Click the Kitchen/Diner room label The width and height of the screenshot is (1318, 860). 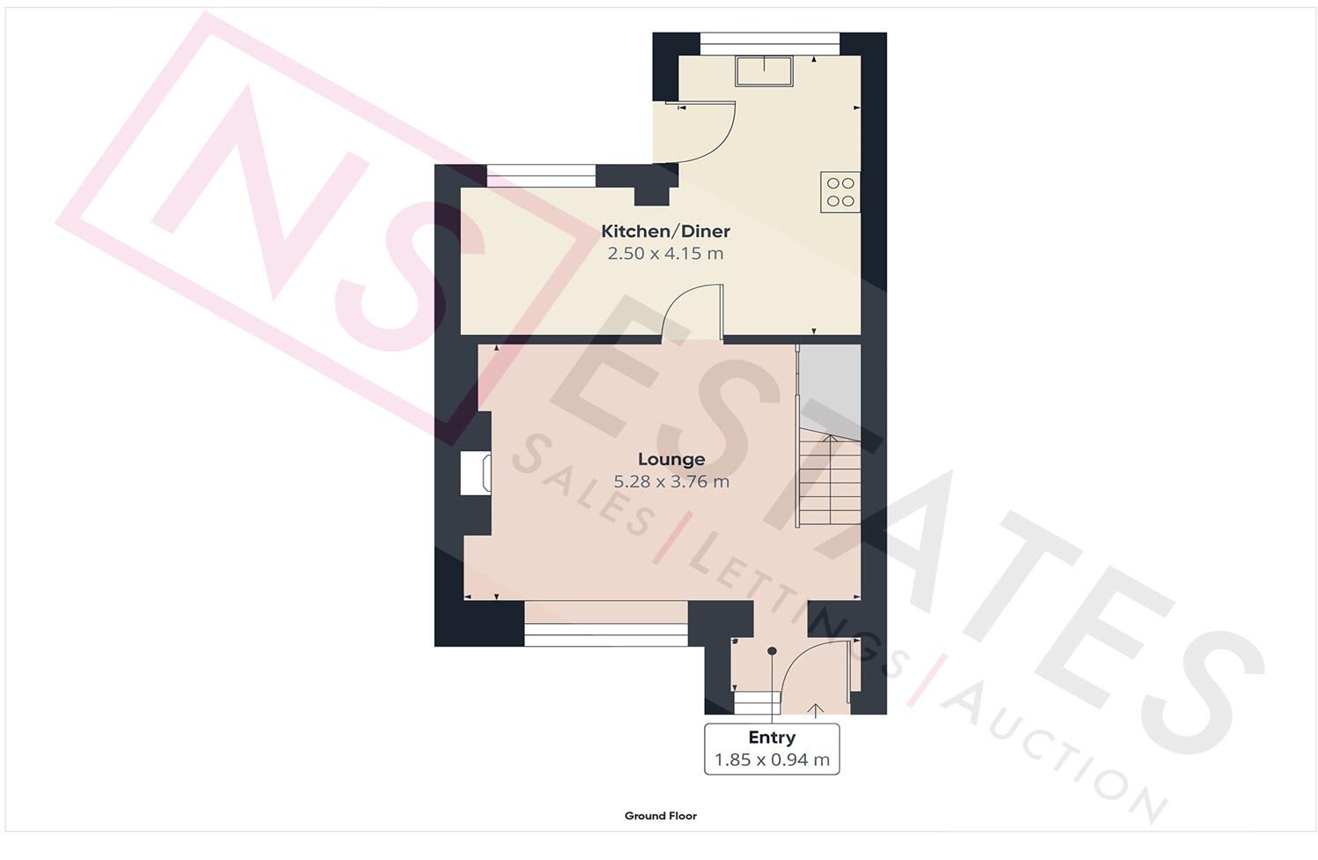tap(665, 232)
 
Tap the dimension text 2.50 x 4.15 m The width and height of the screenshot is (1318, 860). tap(665, 254)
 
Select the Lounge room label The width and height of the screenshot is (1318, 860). tap(671, 459)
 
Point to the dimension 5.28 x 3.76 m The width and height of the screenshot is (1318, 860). tap(671, 482)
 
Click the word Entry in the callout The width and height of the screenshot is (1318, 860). tap(772, 738)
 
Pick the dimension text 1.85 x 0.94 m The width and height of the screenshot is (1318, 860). tap(772, 760)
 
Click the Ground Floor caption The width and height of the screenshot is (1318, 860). tap(660, 816)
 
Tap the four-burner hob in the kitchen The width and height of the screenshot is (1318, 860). tap(840, 192)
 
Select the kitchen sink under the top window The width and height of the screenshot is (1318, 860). tap(766, 70)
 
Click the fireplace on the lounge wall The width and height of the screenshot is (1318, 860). tap(475, 473)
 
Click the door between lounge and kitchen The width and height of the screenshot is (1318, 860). tap(694, 314)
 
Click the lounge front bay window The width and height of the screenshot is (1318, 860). tap(606, 626)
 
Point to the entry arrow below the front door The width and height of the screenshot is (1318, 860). tap(815, 708)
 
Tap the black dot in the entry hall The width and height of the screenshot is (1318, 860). tap(772, 651)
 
